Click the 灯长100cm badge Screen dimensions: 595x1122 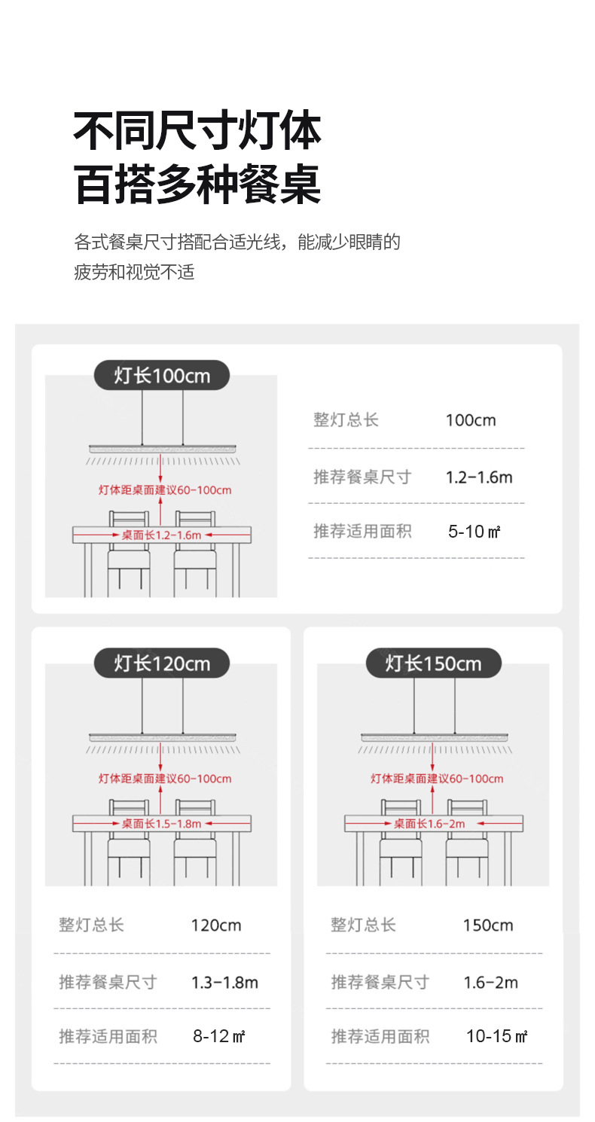(x=162, y=375)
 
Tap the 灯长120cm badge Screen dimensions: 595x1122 (x=162, y=663)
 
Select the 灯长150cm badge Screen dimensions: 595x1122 (x=434, y=663)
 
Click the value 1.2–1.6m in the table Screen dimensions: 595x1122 (x=479, y=477)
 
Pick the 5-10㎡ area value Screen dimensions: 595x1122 (x=474, y=532)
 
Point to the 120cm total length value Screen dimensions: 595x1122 (x=216, y=925)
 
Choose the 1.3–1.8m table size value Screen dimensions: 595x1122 (x=224, y=982)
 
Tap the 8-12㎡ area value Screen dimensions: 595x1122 (x=219, y=1036)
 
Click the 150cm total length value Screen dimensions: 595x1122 (x=488, y=925)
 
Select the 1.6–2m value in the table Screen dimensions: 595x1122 (x=490, y=982)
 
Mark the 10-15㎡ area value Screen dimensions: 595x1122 (x=497, y=1036)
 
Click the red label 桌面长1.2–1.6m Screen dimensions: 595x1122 (x=161, y=535)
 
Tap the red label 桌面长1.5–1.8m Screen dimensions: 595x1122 (x=161, y=824)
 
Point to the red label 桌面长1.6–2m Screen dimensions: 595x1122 (x=429, y=824)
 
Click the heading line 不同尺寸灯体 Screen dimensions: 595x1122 (x=197, y=131)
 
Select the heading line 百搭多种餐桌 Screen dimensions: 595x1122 (x=197, y=184)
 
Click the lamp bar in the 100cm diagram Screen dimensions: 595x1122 (x=163, y=448)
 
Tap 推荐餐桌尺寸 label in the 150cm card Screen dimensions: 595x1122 (x=380, y=982)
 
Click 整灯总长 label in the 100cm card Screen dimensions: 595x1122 (x=346, y=419)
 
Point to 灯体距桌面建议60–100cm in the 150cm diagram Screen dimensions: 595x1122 (x=437, y=779)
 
